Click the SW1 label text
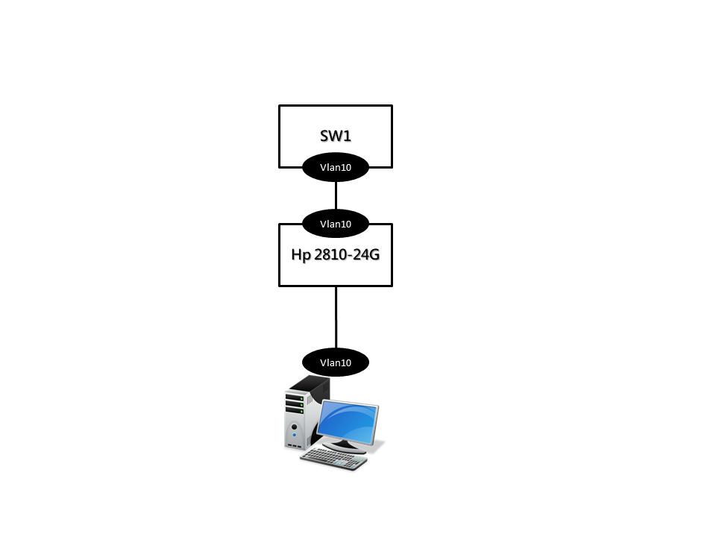[335, 136]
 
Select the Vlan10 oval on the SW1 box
[336, 168]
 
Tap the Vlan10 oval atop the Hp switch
[336, 223]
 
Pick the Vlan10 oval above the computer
[336, 362]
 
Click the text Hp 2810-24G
[335, 254]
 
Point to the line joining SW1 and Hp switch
[336, 195]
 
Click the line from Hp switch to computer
[336, 317]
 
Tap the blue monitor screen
[348, 421]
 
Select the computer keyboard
[334, 458]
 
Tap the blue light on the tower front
[295, 434]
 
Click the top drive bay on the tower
[295, 398]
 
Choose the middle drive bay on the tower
[295, 404]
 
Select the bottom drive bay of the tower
[295, 411]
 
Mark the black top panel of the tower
[310, 383]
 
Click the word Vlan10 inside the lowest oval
[336, 363]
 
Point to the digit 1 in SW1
[348, 136]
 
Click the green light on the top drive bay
[302, 399]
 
